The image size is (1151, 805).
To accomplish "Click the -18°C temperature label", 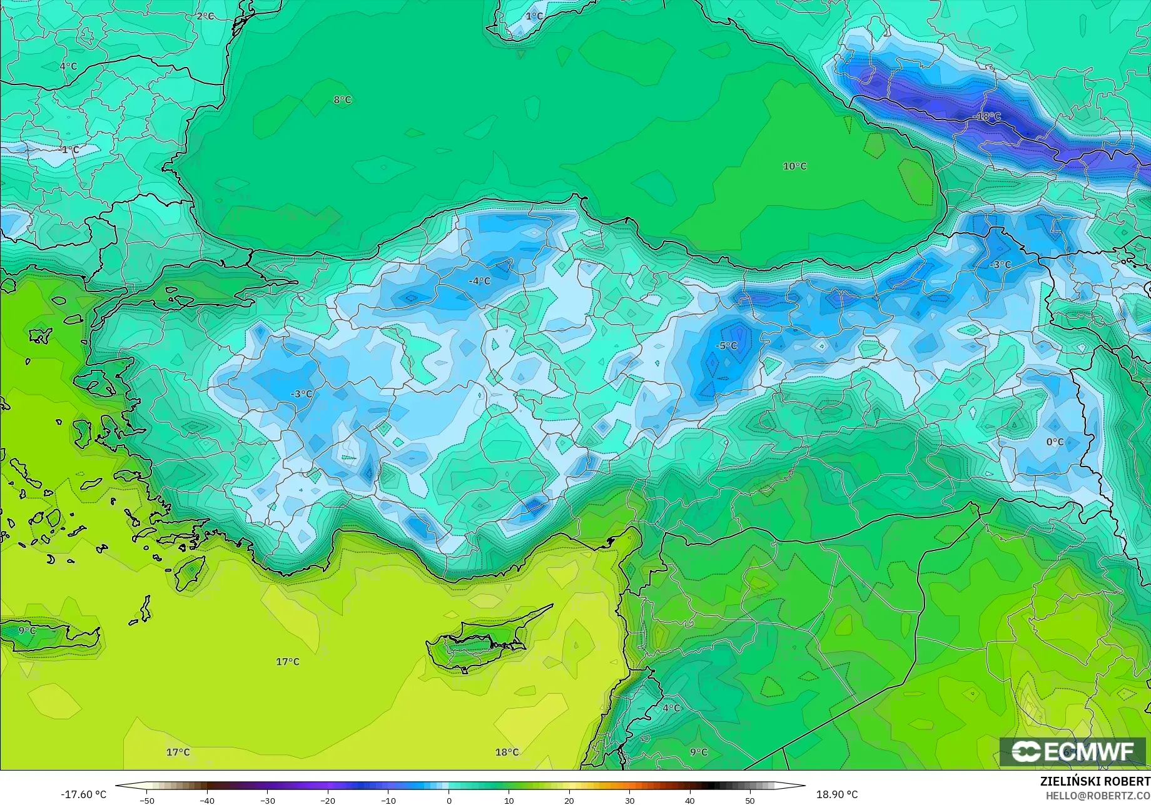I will click(988, 116).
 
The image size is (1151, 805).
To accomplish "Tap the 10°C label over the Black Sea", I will click(794, 166).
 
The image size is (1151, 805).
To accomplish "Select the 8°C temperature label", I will click(342, 99).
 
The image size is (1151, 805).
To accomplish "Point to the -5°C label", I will click(726, 345).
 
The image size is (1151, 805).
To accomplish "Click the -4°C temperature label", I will click(479, 281).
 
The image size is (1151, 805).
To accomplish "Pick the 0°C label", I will click(1055, 442).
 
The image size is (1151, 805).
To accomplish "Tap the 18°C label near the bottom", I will click(507, 752).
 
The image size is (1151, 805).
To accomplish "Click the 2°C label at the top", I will click(205, 16).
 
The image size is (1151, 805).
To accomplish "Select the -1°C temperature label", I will click(69, 149).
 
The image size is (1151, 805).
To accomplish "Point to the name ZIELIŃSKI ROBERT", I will click(1095, 781).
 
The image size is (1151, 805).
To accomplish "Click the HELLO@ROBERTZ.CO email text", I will click(1098, 795).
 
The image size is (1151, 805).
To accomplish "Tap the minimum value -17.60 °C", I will click(84, 794).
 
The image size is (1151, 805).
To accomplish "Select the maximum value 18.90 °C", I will click(837, 794).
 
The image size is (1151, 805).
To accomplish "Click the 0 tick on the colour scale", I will click(449, 800).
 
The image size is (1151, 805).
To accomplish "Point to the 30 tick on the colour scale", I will click(629, 800).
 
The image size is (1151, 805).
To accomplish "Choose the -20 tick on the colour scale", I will click(328, 800).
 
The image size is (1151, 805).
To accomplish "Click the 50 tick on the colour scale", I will click(750, 800).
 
